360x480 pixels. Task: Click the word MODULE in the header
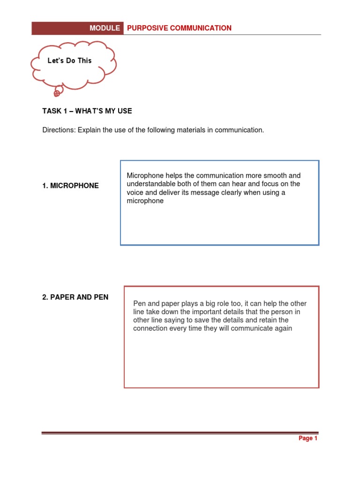[x=105, y=28]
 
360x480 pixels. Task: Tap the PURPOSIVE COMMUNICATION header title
[x=179, y=28]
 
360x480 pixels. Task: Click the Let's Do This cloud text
[x=70, y=60]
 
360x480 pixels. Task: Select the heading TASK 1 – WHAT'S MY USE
[x=87, y=111]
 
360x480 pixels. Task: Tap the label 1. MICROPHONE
[x=70, y=186]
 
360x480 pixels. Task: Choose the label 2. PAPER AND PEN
[x=75, y=297]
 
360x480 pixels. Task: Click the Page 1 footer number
[x=308, y=438]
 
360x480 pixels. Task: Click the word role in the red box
[x=206, y=304]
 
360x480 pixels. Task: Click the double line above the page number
[x=180, y=433]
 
